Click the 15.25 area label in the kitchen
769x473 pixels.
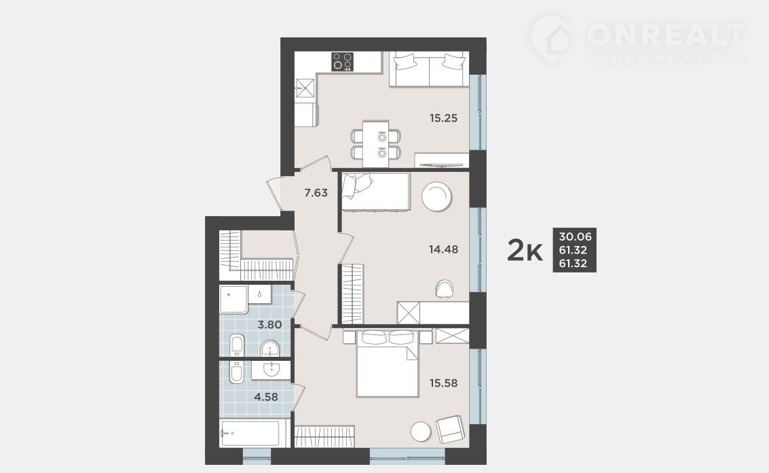[x=443, y=118]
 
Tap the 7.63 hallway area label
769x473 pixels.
[x=316, y=193]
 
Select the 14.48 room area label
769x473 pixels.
[x=443, y=249]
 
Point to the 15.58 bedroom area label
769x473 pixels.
[x=443, y=383]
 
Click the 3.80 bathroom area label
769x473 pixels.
[x=269, y=324]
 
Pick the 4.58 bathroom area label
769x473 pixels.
[x=266, y=396]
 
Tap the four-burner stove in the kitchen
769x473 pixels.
[x=343, y=62]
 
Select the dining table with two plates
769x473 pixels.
[x=375, y=143]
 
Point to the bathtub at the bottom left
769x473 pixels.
[x=250, y=433]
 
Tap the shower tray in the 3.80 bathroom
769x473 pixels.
[x=233, y=299]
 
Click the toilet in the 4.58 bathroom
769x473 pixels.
[x=236, y=372]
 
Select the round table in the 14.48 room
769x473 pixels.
[x=436, y=197]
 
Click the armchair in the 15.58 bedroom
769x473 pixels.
[x=449, y=430]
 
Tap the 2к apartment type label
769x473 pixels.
[x=524, y=251]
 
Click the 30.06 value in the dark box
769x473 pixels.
[x=575, y=236]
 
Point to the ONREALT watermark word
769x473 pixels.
[x=666, y=34]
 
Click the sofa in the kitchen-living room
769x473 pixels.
[x=429, y=69]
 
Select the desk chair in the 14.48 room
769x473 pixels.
[x=445, y=288]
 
